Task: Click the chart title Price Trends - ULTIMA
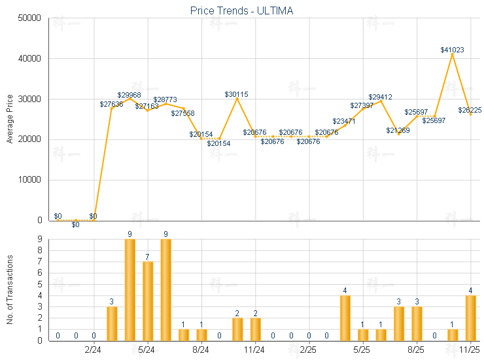pos(242,10)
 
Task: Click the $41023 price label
pos(453,50)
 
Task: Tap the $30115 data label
pos(236,94)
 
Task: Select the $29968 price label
pos(130,95)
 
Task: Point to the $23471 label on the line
pos(344,121)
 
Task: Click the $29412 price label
pos(380,97)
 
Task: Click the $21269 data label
pos(398,130)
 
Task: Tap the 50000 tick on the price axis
pos(29,18)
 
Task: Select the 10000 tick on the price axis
pos(29,180)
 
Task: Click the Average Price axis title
pos(10,119)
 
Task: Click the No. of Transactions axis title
pos(10,289)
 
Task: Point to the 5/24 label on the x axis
pos(148,350)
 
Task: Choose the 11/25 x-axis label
pos(470,350)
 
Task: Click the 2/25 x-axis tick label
pos(309,350)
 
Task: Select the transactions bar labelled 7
pos(148,301)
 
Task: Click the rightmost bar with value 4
pos(470,318)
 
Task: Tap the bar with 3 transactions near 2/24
pos(112,323)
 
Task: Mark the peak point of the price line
pos(453,54)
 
